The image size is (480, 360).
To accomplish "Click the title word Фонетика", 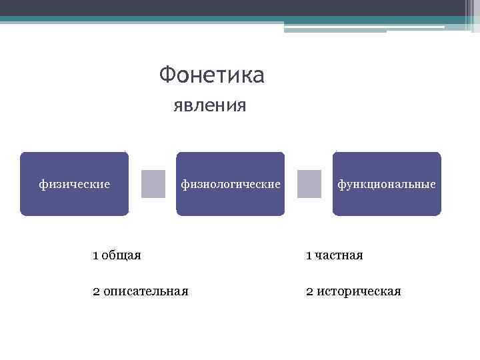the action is pyautogui.click(x=212, y=75).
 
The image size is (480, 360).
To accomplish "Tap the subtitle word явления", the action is pyautogui.click(x=210, y=105).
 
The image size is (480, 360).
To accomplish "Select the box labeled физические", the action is pyautogui.click(x=74, y=184).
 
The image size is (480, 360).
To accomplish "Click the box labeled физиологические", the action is pyautogui.click(x=230, y=184).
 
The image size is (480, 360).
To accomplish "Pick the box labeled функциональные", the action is pyautogui.click(x=387, y=184).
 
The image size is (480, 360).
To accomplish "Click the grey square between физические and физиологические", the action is pyautogui.click(x=153, y=184).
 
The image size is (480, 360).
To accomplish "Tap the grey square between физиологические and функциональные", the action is pyautogui.click(x=309, y=184).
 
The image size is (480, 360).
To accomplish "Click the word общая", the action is pyautogui.click(x=121, y=255).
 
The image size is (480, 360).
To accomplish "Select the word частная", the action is pyautogui.click(x=339, y=255).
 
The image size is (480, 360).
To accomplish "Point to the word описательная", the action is pyautogui.click(x=146, y=291).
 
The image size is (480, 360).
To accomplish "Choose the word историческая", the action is pyautogui.click(x=359, y=291).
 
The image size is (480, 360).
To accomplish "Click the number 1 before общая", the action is pyautogui.click(x=96, y=255).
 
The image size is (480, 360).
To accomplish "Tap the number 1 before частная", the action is pyautogui.click(x=309, y=255).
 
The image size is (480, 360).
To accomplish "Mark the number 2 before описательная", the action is pyautogui.click(x=96, y=291).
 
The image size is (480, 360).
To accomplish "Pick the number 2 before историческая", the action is pyautogui.click(x=309, y=291).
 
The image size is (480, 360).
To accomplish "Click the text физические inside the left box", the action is pyautogui.click(x=74, y=183).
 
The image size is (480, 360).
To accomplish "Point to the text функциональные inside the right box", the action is pyautogui.click(x=387, y=183).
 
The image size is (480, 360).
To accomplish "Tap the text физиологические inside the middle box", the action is pyautogui.click(x=231, y=183).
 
